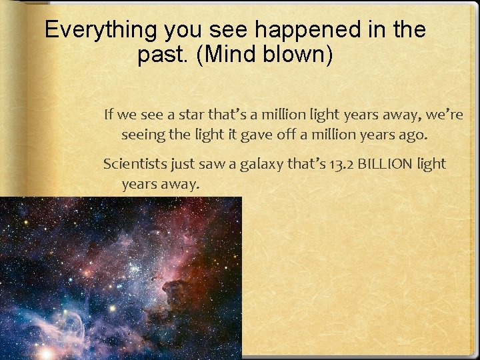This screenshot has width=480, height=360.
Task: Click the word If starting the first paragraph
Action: point(109,115)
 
